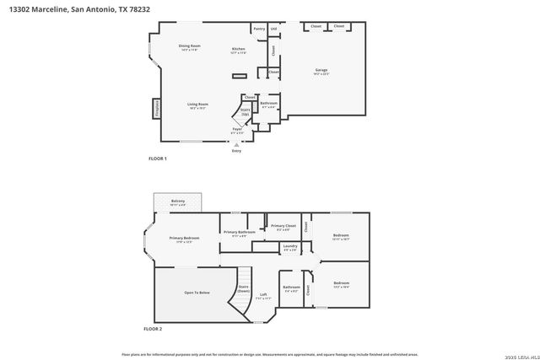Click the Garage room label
(321, 70)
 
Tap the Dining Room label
(189, 46)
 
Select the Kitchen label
(239, 50)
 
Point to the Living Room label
(197, 105)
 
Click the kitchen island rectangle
(239, 76)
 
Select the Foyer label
(237, 130)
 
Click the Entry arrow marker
(236, 145)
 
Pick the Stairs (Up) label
(246, 110)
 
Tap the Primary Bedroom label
(184, 239)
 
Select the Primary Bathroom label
(240, 233)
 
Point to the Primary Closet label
(283, 227)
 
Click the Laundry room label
(290, 247)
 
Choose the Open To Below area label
(197, 292)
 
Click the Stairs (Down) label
(243, 288)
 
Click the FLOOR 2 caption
(153, 328)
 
